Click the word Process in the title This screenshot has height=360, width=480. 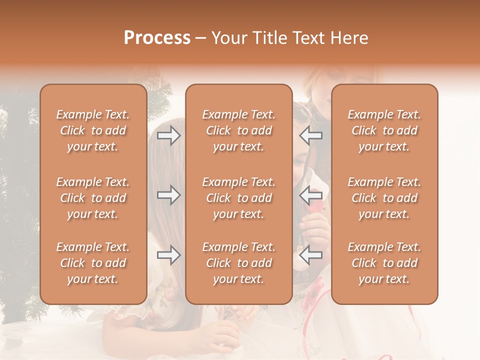pyautogui.click(x=157, y=38)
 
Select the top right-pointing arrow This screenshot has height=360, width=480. pyautogui.click(x=168, y=135)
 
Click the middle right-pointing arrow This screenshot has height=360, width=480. pyautogui.click(x=168, y=195)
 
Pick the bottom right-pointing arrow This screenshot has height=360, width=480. pyautogui.click(x=168, y=255)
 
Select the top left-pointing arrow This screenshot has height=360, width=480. pyautogui.click(x=311, y=135)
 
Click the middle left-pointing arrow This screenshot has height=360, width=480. pyautogui.click(x=311, y=195)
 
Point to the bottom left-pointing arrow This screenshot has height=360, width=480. pyautogui.click(x=311, y=255)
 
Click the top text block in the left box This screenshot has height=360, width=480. pyautogui.click(x=93, y=130)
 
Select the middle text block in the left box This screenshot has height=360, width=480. pyautogui.click(x=93, y=198)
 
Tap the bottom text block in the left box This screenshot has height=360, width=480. pyautogui.click(x=93, y=263)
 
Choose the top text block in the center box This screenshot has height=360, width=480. pyautogui.click(x=238, y=130)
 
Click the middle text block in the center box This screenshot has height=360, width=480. pyautogui.click(x=238, y=198)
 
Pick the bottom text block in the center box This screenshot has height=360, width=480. pyautogui.click(x=238, y=263)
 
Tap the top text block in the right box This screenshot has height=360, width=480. pyautogui.click(x=384, y=130)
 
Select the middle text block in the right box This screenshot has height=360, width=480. pyautogui.click(x=384, y=198)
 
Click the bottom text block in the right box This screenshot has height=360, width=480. pyautogui.click(x=384, y=263)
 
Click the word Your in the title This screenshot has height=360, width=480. pyautogui.click(x=228, y=38)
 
